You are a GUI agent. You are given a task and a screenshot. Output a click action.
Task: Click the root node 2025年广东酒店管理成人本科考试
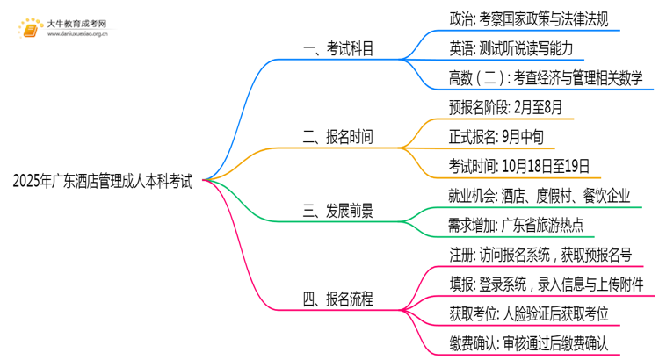coord(104,180)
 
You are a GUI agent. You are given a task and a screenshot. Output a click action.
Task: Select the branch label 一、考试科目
coord(337,49)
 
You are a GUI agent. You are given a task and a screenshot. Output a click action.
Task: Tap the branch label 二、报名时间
coord(337,137)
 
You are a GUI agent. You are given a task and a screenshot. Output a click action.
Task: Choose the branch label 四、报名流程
coord(337,299)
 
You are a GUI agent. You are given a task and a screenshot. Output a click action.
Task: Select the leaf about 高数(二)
coord(546,78)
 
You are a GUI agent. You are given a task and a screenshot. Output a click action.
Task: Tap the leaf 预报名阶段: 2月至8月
coord(504,107)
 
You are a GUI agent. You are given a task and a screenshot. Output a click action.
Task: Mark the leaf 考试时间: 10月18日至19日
coord(518,166)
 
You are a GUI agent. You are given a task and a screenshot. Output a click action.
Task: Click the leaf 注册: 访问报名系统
coord(540,256)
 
